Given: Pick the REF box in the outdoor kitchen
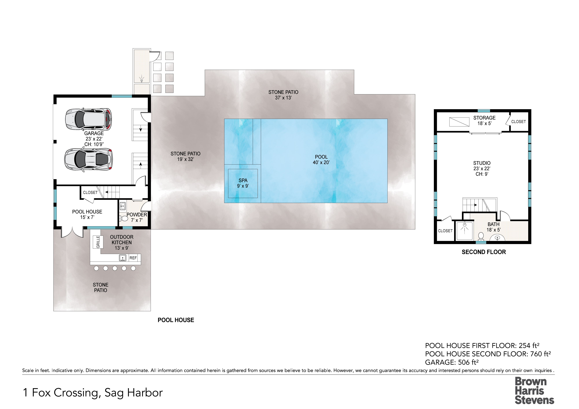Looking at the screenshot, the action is pos(133,258).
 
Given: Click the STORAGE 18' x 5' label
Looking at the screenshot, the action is pos(484,120).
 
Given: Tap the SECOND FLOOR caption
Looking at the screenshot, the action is pos(484,252).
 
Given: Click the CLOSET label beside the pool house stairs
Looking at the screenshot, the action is pos(90,192).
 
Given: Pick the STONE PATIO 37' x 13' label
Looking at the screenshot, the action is pos(283,95).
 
